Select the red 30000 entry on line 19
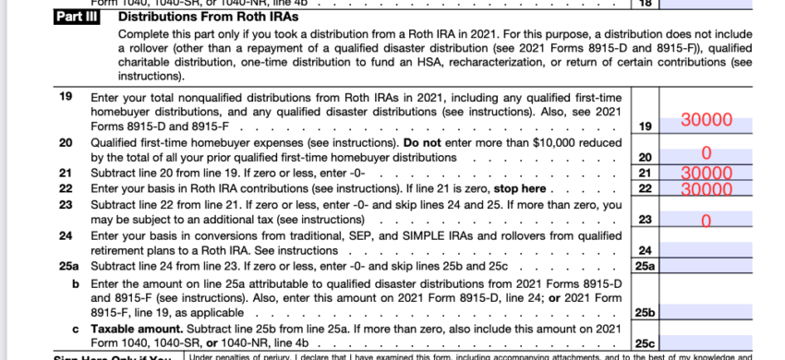[x=706, y=120]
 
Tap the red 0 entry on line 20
[x=706, y=152]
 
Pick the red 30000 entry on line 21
[x=706, y=173]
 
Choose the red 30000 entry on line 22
[x=706, y=188]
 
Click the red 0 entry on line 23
[x=706, y=221]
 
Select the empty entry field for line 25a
[x=706, y=267]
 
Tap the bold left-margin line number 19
[x=66, y=96]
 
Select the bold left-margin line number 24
[x=66, y=235]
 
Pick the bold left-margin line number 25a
[x=67, y=267]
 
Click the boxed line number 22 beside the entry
[x=646, y=188]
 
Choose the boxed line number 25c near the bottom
[x=646, y=344]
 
